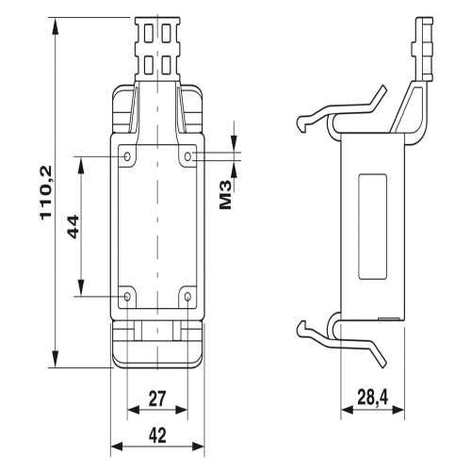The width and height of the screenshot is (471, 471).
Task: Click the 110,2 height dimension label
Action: point(46,192)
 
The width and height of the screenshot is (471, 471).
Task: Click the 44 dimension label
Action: point(73,226)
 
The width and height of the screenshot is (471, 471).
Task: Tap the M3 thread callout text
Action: point(225,195)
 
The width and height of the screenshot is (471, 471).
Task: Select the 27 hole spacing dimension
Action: point(157,398)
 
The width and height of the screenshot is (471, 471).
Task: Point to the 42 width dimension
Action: point(157,435)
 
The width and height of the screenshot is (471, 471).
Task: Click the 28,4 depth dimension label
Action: point(373,398)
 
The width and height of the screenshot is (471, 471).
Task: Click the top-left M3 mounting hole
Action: point(127,156)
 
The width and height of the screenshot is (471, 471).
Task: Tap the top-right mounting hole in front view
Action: point(187,156)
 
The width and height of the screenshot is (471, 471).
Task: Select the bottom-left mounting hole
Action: point(127,296)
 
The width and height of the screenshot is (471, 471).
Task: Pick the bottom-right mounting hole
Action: point(187,296)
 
